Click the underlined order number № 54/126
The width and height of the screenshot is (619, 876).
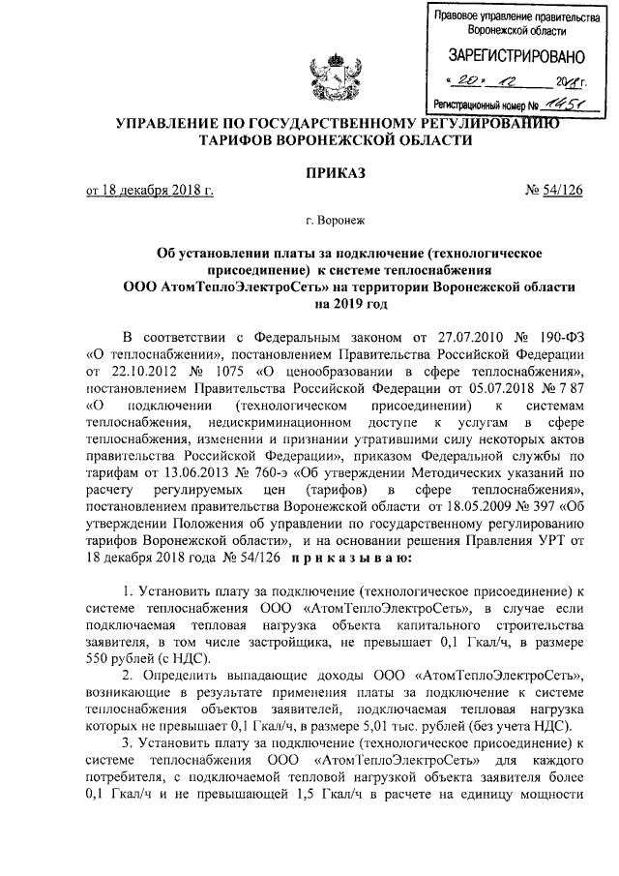pos(551,190)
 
